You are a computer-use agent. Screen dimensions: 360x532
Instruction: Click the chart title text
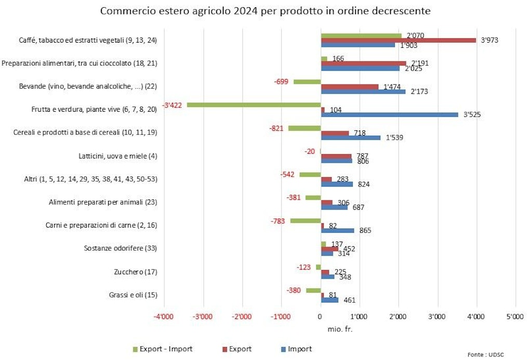pyautogui.click(x=265, y=10)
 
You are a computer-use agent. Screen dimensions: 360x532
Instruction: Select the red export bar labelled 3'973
pyautogui.click(x=398, y=40)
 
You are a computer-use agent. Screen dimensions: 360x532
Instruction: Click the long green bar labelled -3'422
pyautogui.click(x=254, y=105)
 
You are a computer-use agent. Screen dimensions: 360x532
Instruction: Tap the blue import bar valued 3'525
pyautogui.click(x=389, y=114)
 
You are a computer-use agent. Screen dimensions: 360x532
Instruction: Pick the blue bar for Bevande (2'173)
pyautogui.click(x=363, y=91)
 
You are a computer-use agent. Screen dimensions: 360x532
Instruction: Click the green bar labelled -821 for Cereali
pyautogui.click(x=304, y=128)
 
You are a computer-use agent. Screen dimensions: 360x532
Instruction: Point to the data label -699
pyautogui.click(x=282, y=82)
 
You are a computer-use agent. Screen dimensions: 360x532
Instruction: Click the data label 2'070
pyautogui.click(x=416, y=35)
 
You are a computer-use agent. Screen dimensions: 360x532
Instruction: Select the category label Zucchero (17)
pyautogui.click(x=135, y=272)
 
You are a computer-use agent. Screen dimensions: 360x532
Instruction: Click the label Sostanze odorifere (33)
pyautogui.click(x=121, y=248)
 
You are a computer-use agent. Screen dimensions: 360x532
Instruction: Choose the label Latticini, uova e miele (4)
pyautogui.click(x=111, y=156)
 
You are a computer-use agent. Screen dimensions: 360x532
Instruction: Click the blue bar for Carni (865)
pyautogui.click(x=337, y=230)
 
